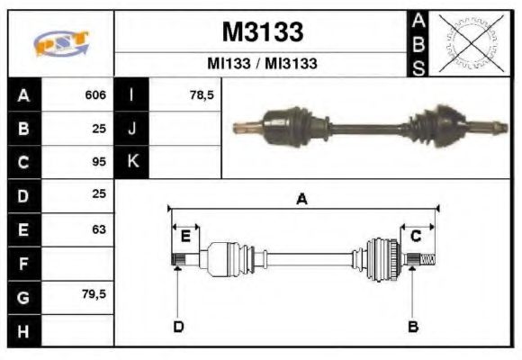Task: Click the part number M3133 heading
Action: pos(262,32)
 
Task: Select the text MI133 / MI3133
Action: pos(262,65)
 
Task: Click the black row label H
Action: pos(22,330)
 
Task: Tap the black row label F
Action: pos(22,264)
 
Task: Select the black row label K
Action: pos(132,163)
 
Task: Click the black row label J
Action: pos(132,130)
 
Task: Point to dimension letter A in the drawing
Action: pos(302,200)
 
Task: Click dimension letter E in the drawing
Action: pos(184,237)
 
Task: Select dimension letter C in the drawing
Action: pos(416,237)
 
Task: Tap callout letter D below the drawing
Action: pos(178,326)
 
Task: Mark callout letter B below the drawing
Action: pos(413,326)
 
